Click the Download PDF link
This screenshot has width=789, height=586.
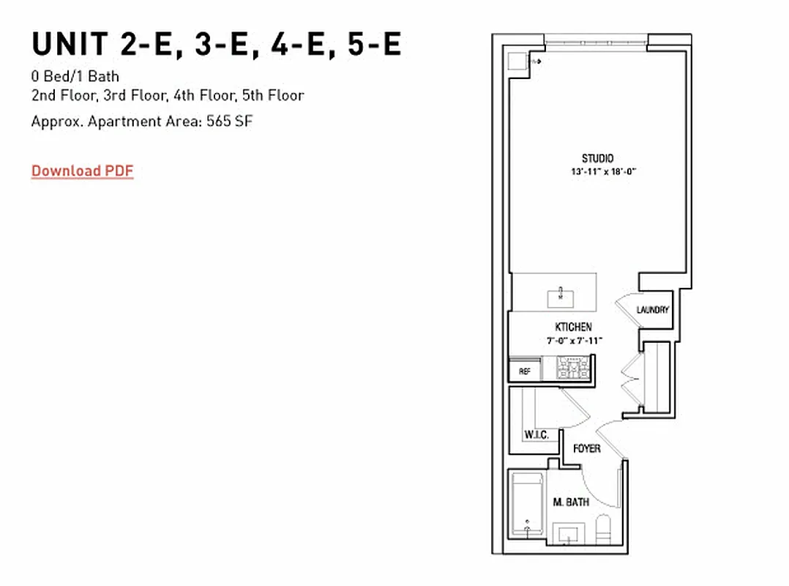coord(82,171)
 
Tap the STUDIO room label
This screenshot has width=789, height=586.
coord(597,158)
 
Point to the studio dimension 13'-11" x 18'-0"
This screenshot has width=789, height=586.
coord(599,171)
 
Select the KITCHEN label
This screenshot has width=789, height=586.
coord(573,327)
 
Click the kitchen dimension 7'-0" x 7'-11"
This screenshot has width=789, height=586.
coord(575,340)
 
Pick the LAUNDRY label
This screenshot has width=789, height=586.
coord(652,310)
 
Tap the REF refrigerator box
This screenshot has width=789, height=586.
coord(524,371)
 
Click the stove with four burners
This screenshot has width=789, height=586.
coord(575,367)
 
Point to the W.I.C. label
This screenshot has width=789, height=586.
coord(536,435)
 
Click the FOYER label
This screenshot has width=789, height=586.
coord(587,448)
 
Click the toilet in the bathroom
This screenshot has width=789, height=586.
coord(604,529)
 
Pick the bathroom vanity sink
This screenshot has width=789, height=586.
coord(567,535)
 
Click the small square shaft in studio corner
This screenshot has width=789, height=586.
coord(519,62)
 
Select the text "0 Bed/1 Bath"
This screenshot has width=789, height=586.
coord(75,76)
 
